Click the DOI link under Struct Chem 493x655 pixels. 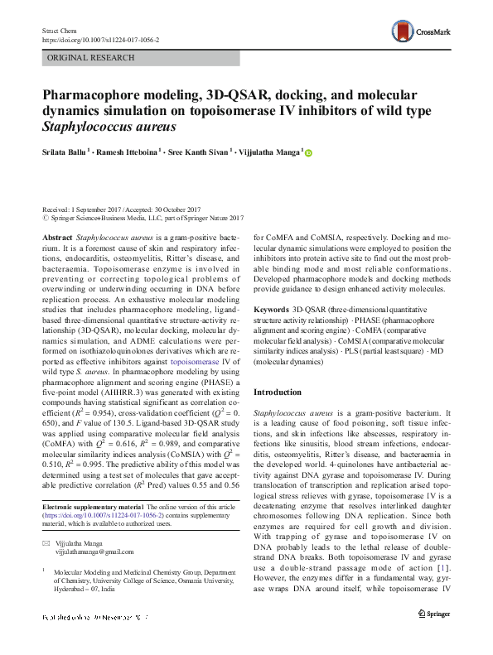(99, 39)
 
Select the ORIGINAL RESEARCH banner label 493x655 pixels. (91, 58)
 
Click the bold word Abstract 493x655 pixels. (57, 237)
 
